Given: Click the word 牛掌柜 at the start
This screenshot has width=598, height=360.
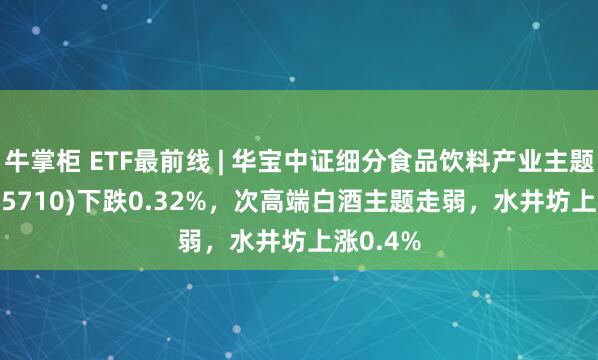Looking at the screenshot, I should pos(37,158).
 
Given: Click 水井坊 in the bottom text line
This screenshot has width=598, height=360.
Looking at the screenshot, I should pos(268,241).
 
